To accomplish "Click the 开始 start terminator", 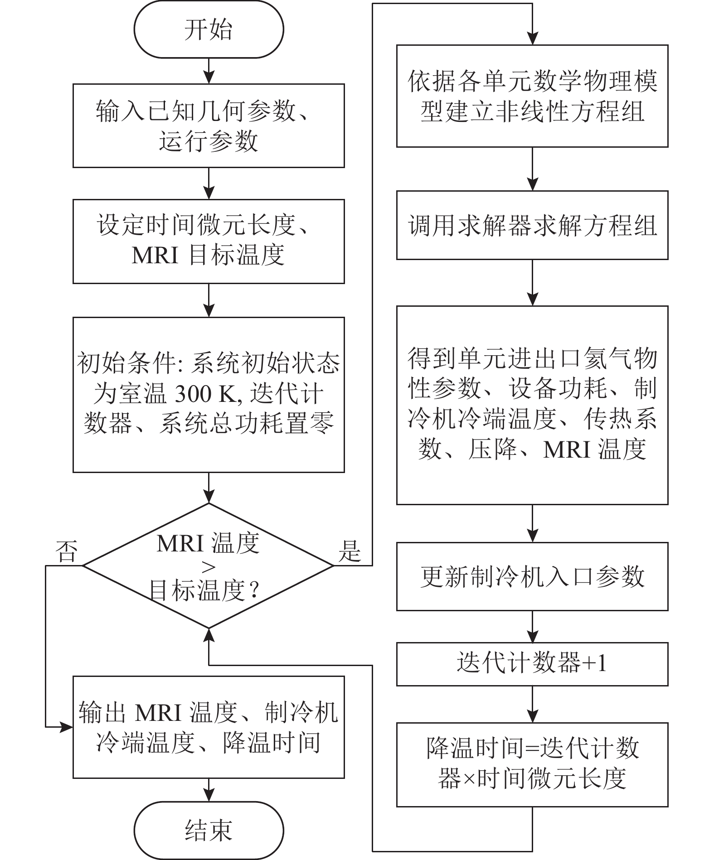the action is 209,29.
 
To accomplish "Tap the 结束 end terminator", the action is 209,830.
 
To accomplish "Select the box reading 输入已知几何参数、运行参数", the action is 209,126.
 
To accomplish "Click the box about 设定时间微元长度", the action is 209,242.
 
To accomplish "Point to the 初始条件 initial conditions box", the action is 209,395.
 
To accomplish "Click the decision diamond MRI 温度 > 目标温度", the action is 209,565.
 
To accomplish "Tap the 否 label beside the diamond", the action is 66,551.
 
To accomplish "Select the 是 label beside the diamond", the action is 350,551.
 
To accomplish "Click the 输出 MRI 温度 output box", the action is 209,727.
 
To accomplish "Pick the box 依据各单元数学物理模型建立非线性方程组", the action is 532,96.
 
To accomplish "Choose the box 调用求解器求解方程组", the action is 532,225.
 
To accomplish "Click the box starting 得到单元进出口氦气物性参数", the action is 532,405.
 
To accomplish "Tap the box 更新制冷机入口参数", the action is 532,576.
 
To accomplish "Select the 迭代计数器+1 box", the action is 532,664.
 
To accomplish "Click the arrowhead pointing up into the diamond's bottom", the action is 209,634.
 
